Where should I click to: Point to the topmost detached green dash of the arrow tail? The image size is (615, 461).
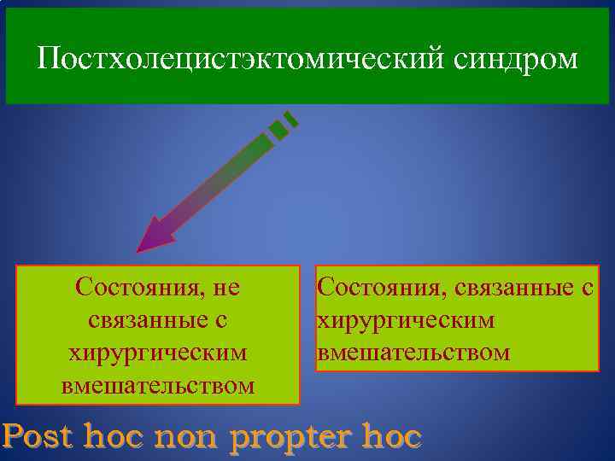click(291, 119)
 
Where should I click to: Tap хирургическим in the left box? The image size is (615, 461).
click(158, 353)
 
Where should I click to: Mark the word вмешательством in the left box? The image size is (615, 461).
click(158, 385)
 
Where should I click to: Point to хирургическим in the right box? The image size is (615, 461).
click(406, 320)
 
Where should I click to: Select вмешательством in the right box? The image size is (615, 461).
click(413, 353)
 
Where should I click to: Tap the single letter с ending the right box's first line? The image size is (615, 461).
click(587, 289)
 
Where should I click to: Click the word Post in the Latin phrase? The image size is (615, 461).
click(39, 438)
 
